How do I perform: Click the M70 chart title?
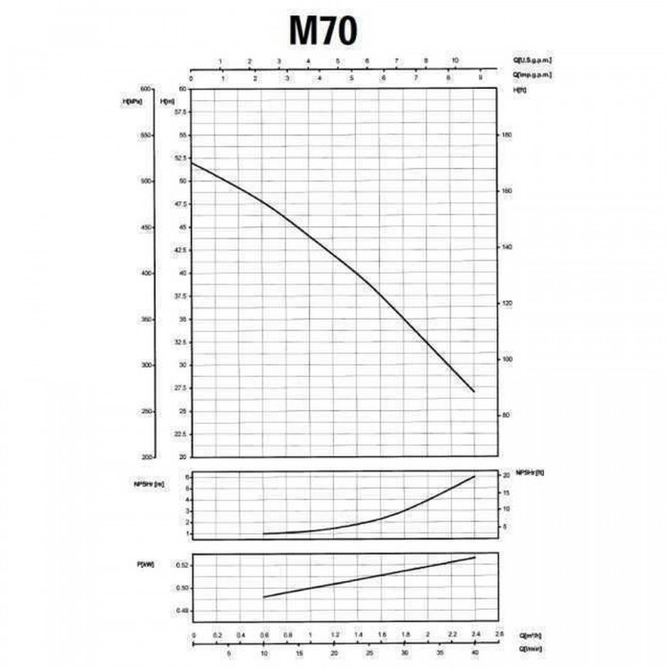(324, 31)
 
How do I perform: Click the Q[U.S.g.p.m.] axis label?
(532, 60)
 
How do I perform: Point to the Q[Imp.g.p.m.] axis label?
(532, 73)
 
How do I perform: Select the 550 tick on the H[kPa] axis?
(147, 136)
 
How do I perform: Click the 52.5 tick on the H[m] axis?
(180, 158)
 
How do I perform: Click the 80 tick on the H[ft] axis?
(508, 414)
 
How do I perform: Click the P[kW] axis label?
(149, 567)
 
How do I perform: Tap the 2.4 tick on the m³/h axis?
(474, 634)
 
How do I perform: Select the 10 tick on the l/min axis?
(263, 654)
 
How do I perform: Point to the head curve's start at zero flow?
(192, 162)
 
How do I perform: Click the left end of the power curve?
(263, 597)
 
